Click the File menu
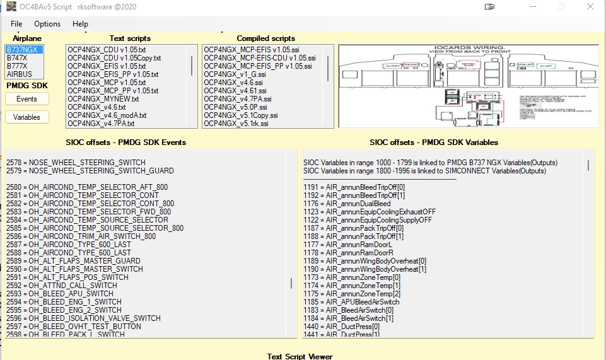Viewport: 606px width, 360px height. [x=16, y=24]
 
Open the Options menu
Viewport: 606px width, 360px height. [x=47, y=24]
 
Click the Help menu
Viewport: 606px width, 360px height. [x=80, y=24]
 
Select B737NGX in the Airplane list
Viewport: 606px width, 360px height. [x=22, y=49]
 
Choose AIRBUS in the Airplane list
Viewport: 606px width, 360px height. [x=20, y=74]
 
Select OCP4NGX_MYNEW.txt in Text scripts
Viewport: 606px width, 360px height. [x=103, y=99]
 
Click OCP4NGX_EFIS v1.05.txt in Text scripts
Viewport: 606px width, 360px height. [x=107, y=66]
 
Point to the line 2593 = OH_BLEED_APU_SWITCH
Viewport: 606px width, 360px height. [x=60, y=294]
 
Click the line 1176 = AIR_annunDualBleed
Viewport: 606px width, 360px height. [x=347, y=204]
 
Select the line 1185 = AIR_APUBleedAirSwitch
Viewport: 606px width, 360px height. [x=351, y=302]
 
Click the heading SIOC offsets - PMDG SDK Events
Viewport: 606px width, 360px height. [x=126, y=142]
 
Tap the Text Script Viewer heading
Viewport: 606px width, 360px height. [x=300, y=356]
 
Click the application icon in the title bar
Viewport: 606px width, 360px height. [x=11, y=7]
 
